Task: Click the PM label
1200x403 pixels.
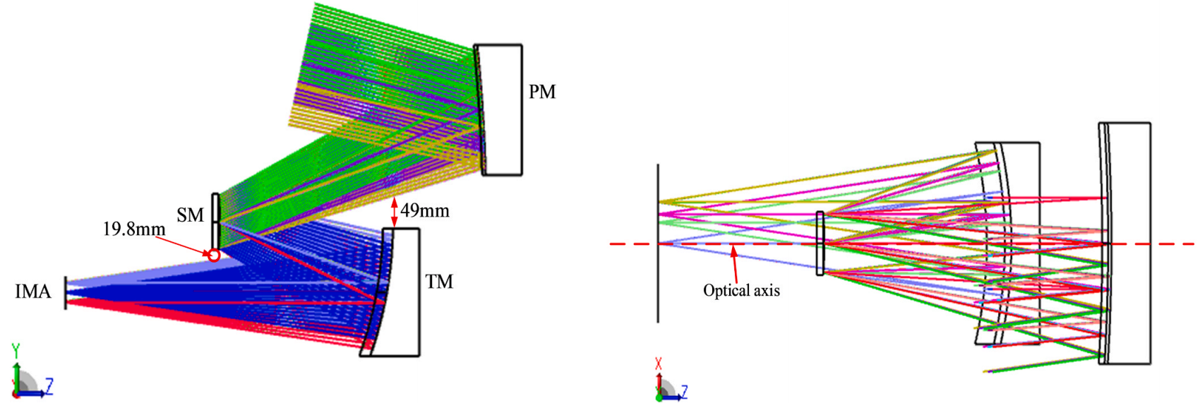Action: pyautogui.click(x=542, y=92)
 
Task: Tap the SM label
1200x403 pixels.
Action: pyautogui.click(x=190, y=215)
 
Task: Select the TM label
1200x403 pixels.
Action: pyautogui.click(x=439, y=282)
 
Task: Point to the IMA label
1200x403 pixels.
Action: pyautogui.click(x=33, y=291)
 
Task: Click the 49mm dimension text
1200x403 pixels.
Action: pyautogui.click(x=425, y=210)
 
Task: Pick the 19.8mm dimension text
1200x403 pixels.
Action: pyautogui.click(x=134, y=229)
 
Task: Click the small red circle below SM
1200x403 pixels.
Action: pyautogui.click(x=213, y=255)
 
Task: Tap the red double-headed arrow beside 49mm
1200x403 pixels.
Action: pyautogui.click(x=394, y=212)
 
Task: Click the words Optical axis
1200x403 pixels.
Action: pyautogui.click(x=741, y=290)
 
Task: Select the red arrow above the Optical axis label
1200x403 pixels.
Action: pyautogui.click(x=735, y=262)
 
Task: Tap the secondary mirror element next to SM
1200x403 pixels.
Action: pyautogui.click(x=216, y=219)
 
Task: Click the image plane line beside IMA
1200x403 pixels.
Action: pyautogui.click(x=66, y=292)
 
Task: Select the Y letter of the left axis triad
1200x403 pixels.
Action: pyautogui.click(x=16, y=349)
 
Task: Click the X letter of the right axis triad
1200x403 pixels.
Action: pyautogui.click(x=659, y=364)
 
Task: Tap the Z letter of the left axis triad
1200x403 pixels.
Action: pyautogui.click(x=49, y=385)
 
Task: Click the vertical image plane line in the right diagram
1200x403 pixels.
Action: pyautogui.click(x=658, y=243)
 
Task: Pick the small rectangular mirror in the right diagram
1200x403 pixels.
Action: pyautogui.click(x=820, y=243)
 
